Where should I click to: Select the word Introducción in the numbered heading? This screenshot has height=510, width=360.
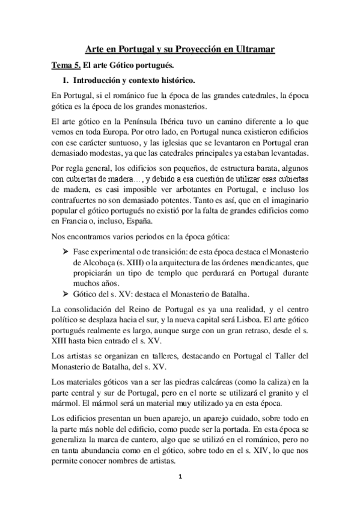pyautogui.click(x=101, y=79)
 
